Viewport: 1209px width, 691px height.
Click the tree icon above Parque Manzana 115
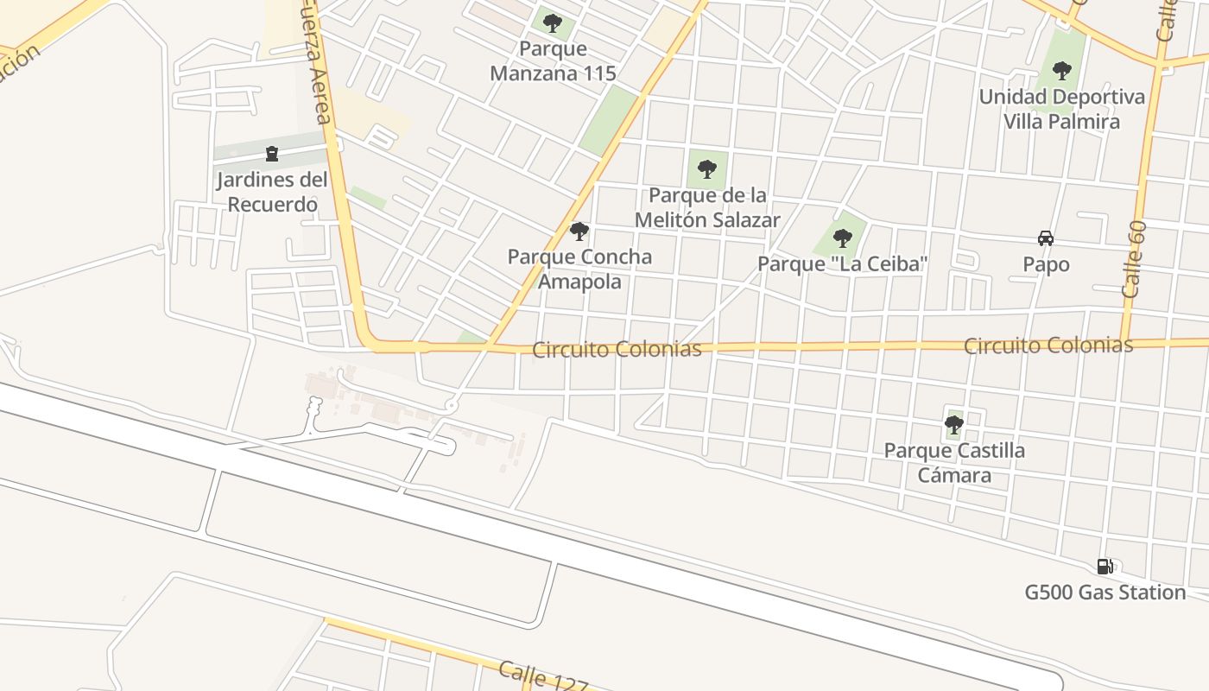click(x=553, y=23)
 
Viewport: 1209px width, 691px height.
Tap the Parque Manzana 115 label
click(x=553, y=61)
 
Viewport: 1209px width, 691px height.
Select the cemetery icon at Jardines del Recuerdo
click(x=272, y=155)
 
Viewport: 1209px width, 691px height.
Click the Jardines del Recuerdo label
click(x=272, y=193)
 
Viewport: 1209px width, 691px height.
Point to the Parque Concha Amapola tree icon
click(x=579, y=231)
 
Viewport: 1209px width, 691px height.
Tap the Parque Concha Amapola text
click(x=579, y=269)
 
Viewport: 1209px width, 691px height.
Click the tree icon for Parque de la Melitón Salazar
click(x=707, y=169)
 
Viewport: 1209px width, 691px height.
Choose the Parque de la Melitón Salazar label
click(x=707, y=207)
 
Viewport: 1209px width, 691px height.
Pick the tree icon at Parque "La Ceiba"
click(x=843, y=238)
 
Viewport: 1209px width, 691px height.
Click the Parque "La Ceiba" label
click(x=843, y=263)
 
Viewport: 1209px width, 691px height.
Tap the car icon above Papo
click(x=1046, y=238)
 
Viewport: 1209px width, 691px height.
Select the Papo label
click(x=1046, y=264)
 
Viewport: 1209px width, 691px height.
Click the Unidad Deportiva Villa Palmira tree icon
click(x=1062, y=71)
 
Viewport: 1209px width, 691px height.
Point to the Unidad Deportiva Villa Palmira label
click(x=1061, y=109)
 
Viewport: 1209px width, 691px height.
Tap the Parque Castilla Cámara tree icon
click(x=954, y=425)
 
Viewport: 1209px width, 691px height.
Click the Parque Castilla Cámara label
click(x=954, y=463)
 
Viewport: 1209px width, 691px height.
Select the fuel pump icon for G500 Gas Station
click(x=1105, y=567)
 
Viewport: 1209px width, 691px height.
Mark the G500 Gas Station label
click(x=1105, y=593)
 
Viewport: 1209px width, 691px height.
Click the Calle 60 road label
click(x=1135, y=259)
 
